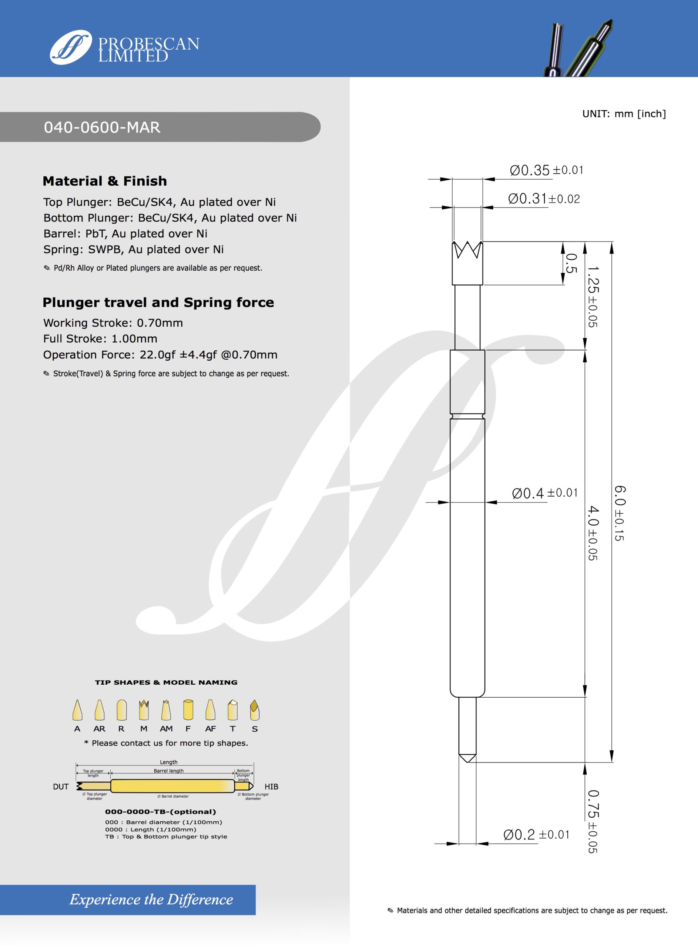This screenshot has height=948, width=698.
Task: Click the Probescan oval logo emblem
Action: (70, 47)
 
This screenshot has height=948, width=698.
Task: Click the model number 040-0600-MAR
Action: (102, 127)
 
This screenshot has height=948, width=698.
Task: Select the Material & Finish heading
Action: (105, 181)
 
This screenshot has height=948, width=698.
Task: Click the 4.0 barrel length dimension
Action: (593, 533)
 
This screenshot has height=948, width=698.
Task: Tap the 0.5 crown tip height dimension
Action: (570, 263)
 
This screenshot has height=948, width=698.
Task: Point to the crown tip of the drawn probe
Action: (467, 250)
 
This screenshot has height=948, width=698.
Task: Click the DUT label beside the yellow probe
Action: (60, 787)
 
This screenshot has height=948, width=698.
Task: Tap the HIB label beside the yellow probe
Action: (271, 787)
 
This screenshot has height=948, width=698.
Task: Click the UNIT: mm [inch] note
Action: (624, 114)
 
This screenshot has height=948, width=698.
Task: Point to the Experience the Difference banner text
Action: (151, 899)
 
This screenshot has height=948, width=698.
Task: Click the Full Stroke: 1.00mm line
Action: (100, 338)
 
